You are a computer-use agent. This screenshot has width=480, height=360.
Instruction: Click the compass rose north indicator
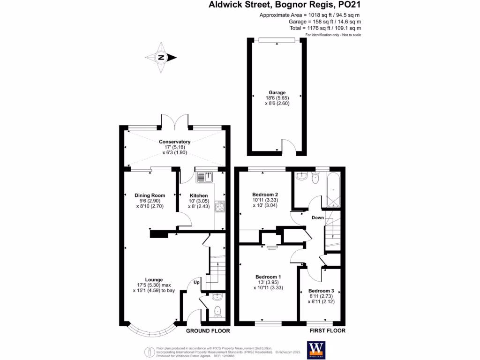[161, 58]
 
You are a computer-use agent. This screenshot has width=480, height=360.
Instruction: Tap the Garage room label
[277, 93]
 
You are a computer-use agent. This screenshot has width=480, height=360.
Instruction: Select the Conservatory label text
[174, 142]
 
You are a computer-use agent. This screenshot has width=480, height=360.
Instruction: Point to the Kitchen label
[198, 195]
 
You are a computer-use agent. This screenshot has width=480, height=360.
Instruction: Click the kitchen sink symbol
[205, 177]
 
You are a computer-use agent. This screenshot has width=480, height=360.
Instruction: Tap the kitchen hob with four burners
[219, 206]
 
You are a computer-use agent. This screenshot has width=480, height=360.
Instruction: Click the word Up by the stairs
[197, 282]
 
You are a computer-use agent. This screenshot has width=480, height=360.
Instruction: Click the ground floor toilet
[217, 311]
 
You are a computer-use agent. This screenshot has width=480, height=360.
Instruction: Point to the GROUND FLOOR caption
[208, 331]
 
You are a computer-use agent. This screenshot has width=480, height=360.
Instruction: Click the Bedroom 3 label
[321, 291]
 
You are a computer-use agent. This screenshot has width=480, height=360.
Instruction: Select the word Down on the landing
[318, 217]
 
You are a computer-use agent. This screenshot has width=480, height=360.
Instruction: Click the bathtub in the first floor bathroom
[333, 190]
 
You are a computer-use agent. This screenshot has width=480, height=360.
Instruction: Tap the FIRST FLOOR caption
[328, 331]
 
